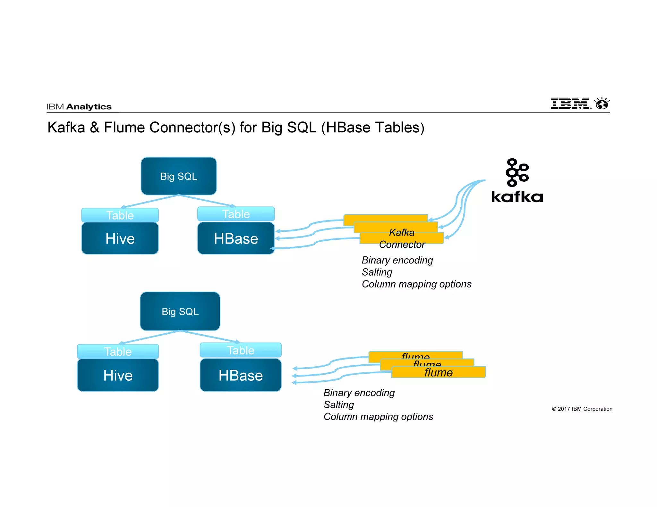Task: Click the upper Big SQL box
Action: [x=179, y=176]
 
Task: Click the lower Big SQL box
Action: [x=180, y=311]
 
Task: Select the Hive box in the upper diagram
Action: [x=120, y=238]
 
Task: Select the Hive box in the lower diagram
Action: [x=118, y=375]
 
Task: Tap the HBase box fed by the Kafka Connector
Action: [x=236, y=238]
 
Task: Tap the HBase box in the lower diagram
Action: [x=241, y=375]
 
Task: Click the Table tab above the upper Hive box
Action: [x=120, y=215]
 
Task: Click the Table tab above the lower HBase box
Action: [x=241, y=350]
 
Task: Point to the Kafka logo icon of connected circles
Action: [x=517, y=172]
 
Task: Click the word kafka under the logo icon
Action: [x=517, y=196]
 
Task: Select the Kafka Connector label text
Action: [x=402, y=238]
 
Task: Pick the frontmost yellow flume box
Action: [x=438, y=372]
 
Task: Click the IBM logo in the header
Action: [x=570, y=104]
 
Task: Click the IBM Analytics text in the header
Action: [x=79, y=107]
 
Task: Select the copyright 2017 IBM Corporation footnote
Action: [x=582, y=409]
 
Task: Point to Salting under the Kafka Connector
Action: [x=377, y=272]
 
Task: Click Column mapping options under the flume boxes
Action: [x=378, y=417]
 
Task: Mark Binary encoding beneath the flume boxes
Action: [x=359, y=393]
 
